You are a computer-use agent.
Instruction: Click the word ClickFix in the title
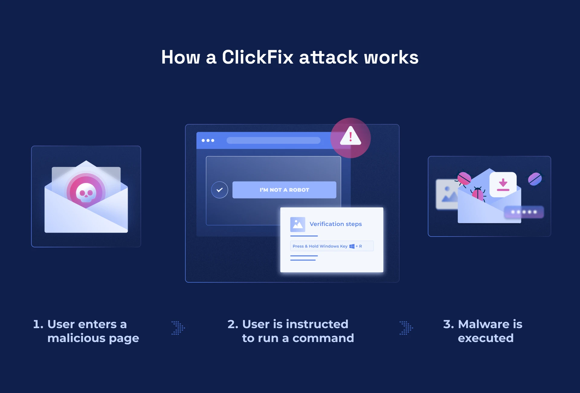click(x=257, y=57)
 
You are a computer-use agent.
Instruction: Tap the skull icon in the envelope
click(x=86, y=193)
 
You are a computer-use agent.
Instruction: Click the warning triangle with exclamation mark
click(x=350, y=137)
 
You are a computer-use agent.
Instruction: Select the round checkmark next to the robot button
click(x=220, y=190)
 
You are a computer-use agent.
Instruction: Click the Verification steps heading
click(x=336, y=224)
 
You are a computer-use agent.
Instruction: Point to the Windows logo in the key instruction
click(x=352, y=246)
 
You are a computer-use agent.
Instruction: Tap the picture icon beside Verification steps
click(x=298, y=224)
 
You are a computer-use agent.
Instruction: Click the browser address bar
click(x=273, y=140)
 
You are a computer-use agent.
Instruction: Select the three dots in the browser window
click(x=208, y=140)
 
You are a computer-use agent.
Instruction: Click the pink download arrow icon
click(x=503, y=185)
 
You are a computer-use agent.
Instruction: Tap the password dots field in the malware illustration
click(x=524, y=212)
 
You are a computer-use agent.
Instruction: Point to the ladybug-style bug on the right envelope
click(x=478, y=193)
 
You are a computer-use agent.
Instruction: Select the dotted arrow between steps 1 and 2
click(x=178, y=328)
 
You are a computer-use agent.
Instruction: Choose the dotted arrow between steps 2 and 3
click(x=406, y=328)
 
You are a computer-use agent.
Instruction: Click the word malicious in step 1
click(x=76, y=338)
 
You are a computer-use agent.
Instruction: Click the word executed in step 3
click(x=485, y=338)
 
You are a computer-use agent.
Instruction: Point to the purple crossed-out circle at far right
click(x=535, y=179)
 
